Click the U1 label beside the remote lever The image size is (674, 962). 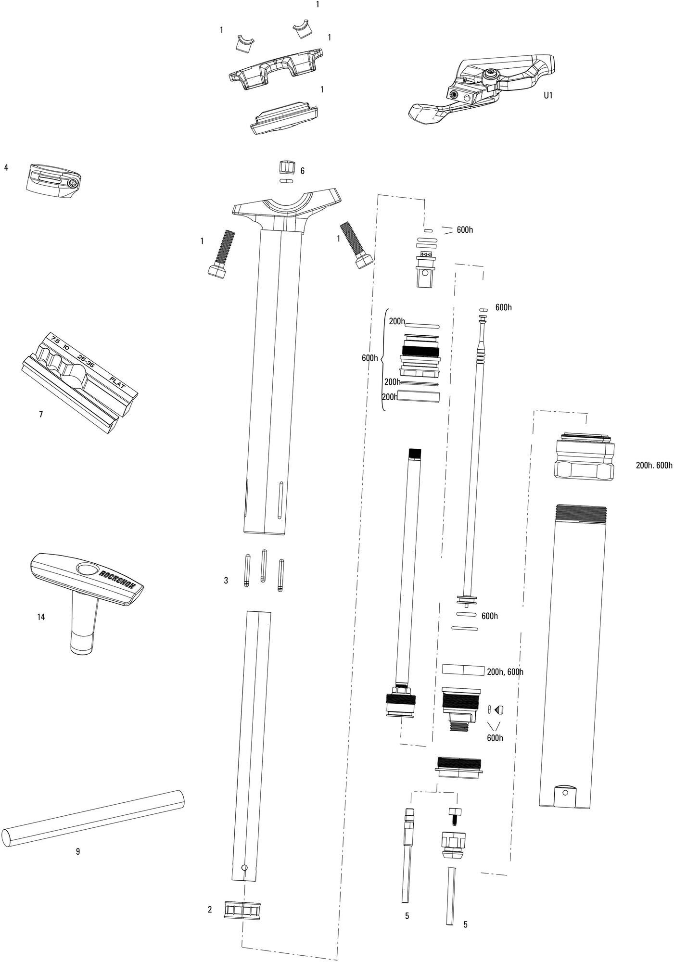(548, 95)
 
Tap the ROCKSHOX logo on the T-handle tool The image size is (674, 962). (117, 580)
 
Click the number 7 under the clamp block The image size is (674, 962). (41, 414)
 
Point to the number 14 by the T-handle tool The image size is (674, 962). (41, 617)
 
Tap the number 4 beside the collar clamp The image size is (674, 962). (6, 168)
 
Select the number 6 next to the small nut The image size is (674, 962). (302, 171)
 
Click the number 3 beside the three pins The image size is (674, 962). (226, 581)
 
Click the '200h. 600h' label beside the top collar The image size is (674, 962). (654, 465)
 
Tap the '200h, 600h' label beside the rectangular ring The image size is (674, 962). (505, 672)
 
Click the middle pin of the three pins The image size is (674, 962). (264, 566)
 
